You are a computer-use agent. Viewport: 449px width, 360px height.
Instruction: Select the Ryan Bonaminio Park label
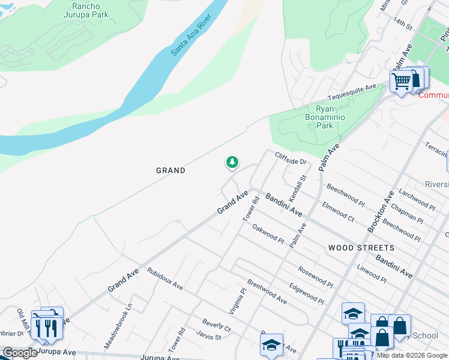[x=325, y=117]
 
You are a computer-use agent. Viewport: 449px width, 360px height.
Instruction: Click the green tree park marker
[x=232, y=162]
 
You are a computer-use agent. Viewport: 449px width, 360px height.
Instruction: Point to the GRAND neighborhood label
[x=171, y=170]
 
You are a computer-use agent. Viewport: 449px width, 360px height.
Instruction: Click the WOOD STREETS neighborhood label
[x=361, y=247]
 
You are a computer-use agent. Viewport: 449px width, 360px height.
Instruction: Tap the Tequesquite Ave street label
[x=352, y=93]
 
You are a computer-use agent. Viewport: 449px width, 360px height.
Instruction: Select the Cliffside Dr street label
[x=291, y=157]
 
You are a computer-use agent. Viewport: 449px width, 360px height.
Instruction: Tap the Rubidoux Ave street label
[x=165, y=279]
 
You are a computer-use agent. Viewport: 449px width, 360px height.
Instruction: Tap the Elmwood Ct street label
[x=339, y=213]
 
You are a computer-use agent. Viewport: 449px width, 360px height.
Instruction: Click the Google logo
[x=19, y=353]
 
